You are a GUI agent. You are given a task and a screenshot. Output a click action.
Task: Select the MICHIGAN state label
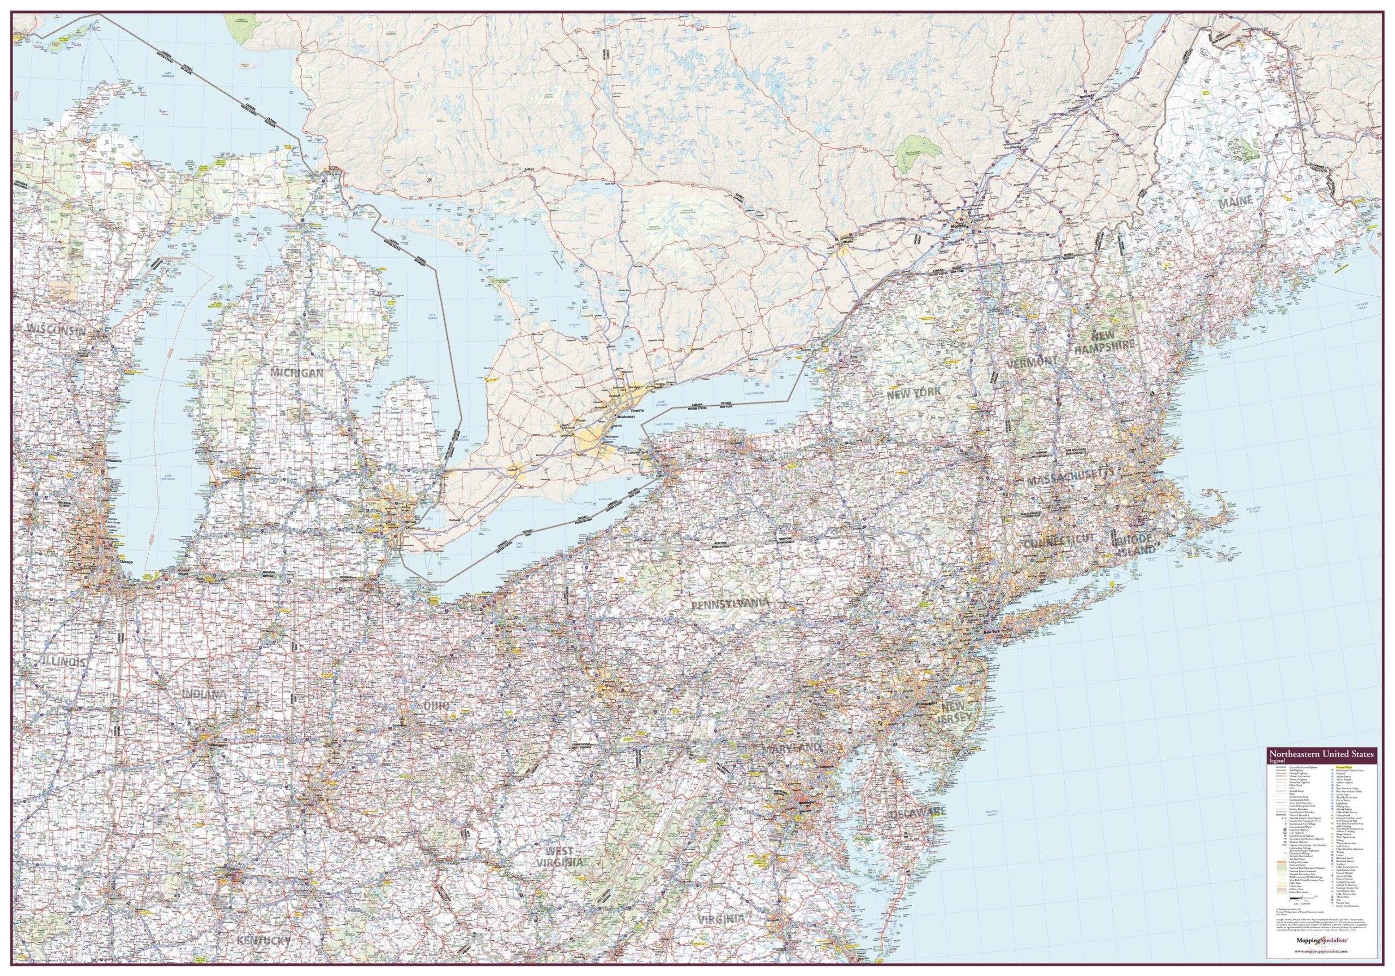(298, 371)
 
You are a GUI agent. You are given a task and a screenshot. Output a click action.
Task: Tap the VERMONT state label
(1032, 363)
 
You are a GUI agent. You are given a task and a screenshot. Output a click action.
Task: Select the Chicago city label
(126, 563)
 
